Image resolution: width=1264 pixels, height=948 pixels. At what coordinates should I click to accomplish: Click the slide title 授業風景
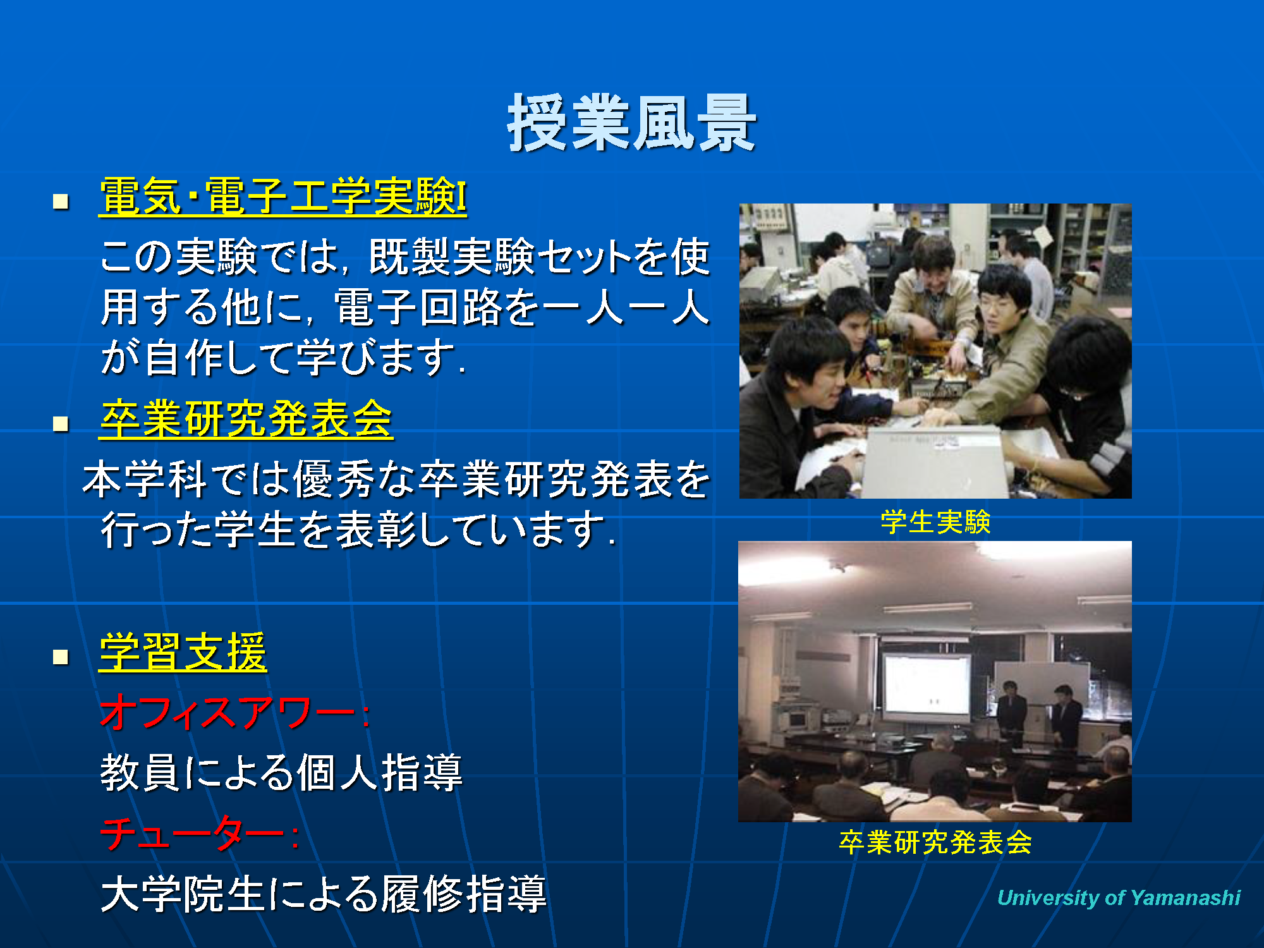(x=632, y=123)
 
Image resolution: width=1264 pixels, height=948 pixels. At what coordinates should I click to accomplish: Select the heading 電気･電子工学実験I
(x=283, y=197)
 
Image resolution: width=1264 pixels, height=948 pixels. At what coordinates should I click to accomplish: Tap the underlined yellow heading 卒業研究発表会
(x=246, y=419)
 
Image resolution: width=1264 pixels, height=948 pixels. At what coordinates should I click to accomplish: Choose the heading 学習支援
(x=183, y=652)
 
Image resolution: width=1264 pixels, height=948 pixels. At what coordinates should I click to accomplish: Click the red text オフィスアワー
(x=228, y=712)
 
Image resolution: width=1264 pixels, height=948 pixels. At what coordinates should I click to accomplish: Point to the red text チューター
(x=192, y=834)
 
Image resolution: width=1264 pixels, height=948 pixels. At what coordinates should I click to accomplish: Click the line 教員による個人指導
(x=282, y=772)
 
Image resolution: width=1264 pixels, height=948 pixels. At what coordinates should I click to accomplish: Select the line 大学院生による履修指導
(x=324, y=894)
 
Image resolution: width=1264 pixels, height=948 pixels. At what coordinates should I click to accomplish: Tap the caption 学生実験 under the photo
(x=935, y=522)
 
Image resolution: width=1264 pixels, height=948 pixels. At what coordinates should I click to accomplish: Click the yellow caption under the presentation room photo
(x=935, y=842)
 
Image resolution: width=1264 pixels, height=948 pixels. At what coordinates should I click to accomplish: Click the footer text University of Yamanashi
(x=1119, y=897)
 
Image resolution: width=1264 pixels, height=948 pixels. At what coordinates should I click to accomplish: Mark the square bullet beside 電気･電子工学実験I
(x=61, y=202)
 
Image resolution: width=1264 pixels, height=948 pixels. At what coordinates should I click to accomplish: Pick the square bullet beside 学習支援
(x=61, y=657)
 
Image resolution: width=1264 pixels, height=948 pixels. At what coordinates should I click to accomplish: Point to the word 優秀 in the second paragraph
(x=335, y=479)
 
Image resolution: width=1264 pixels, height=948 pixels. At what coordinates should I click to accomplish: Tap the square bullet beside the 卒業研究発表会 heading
(x=61, y=424)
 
